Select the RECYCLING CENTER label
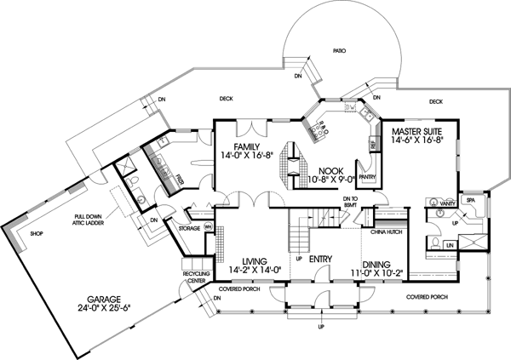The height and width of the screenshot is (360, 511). [x=197, y=277]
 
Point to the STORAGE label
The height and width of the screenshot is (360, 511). [x=190, y=228]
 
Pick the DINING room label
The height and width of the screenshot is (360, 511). [x=381, y=264]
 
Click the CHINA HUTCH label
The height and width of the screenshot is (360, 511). [x=387, y=230]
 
